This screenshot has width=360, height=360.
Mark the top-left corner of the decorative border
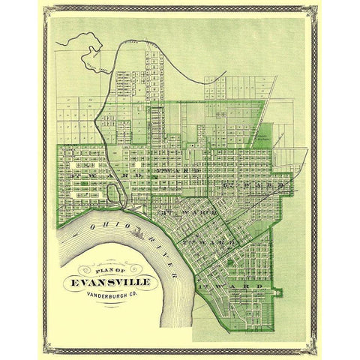point(43,9)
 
